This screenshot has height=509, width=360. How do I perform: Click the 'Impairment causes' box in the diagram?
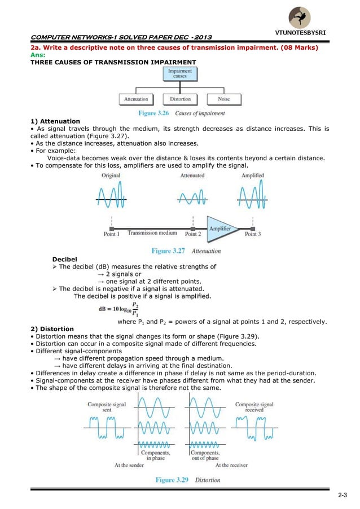click(x=180, y=74)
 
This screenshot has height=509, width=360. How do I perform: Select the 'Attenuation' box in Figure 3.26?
click(x=135, y=99)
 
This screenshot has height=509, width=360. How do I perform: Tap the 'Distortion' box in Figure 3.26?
click(x=180, y=99)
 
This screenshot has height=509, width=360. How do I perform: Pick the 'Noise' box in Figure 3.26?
click(x=224, y=99)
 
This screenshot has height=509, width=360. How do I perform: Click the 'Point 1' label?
click(x=111, y=234)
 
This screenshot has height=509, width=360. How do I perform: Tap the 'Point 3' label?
click(x=252, y=234)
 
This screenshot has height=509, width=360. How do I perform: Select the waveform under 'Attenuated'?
click(x=192, y=198)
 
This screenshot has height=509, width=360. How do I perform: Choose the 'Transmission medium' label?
click(x=152, y=232)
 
